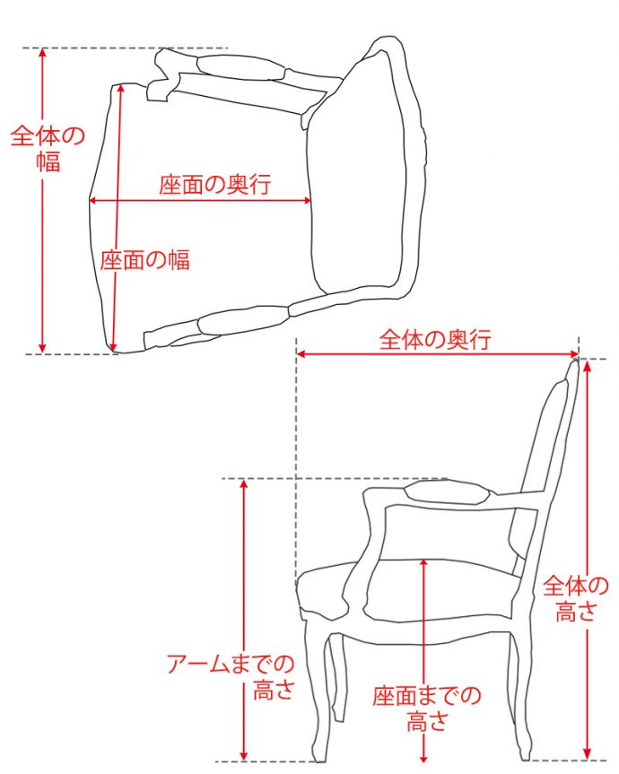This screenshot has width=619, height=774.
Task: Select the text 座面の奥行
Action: pyautogui.click(x=215, y=186)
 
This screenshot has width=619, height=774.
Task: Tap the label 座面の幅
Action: pyautogui.click(x=144, y=260)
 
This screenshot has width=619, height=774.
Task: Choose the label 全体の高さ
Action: pyautogui.click(x=576, y=598)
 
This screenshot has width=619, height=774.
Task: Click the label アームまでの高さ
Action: pyautogui.click(x=231, y=677)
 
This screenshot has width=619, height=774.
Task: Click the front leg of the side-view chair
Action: pyautogui.click(x=322, y=700)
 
